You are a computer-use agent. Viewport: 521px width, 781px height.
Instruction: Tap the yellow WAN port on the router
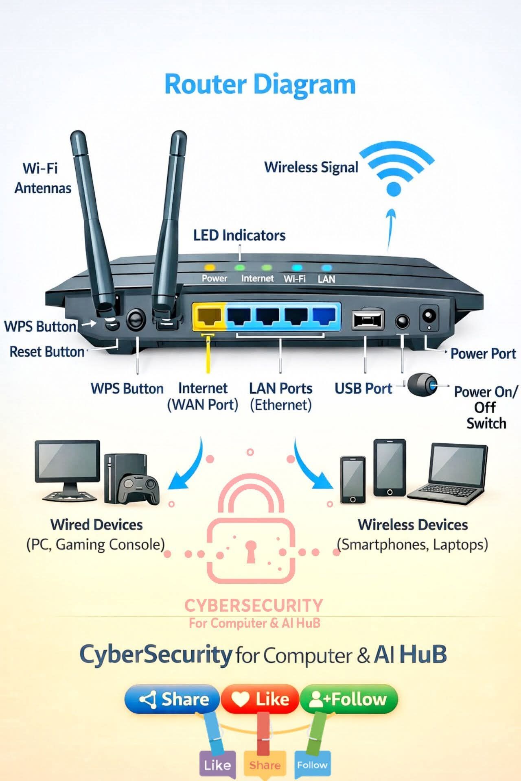[x=209, y=316]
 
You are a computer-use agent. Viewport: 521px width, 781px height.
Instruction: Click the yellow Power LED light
[x=210, y=268]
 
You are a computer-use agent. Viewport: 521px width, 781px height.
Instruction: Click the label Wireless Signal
[x=311, y=168]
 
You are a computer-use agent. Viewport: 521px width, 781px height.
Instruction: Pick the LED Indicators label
[x=239, y=236]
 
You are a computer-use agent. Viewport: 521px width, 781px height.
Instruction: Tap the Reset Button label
[x=47, y=352]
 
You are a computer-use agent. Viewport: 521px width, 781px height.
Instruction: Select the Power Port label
[x=483, y=353]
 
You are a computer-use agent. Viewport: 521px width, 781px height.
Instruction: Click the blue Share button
[x=172, y=699]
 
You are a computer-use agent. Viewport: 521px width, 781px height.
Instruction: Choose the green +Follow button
[x=348, y=699]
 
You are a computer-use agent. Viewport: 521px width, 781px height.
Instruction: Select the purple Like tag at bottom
[x=217, y=765]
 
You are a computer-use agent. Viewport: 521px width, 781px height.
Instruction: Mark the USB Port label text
[x=363, y=388]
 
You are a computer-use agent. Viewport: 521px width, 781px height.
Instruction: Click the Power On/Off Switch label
[x=486, y=408]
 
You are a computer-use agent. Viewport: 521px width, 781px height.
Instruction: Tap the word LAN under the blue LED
[x=326, y=279]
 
